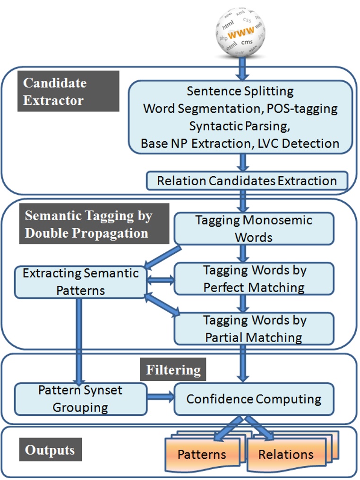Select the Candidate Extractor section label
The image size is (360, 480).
pyautogui.click(x=68, y=91)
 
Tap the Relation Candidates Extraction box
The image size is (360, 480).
pyautogui.click(x=247, y=180)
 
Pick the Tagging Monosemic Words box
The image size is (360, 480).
pyautogui.click(x=254, y=228)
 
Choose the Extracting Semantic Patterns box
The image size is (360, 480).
pyautogui.click(x=80, y=282)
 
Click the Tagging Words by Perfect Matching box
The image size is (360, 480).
pyautogui.click(x=254, y=279)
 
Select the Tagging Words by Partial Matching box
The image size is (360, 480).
pyautogui.click(x=254, y=328)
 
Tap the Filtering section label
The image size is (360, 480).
pyautogui.click(x=173, y=369)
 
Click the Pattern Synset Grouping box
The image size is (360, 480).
pyautogui.click(x=80, y=399)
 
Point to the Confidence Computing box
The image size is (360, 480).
pyautogui.click(x=254, y=399)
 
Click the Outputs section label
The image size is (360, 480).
pyautogui.click(x=50, y=450)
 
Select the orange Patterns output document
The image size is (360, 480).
pyautogui.click(x=202, y=454)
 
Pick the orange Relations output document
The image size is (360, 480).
pyautogui.click(x=285, y=454)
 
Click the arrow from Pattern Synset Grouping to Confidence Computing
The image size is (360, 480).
pyautogui.click(x=161, y=399)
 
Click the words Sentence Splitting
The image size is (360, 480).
pyautogui.click(x=240, y=91)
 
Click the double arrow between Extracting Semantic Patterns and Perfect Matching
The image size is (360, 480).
pyautogui.click(x=161, y=280)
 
